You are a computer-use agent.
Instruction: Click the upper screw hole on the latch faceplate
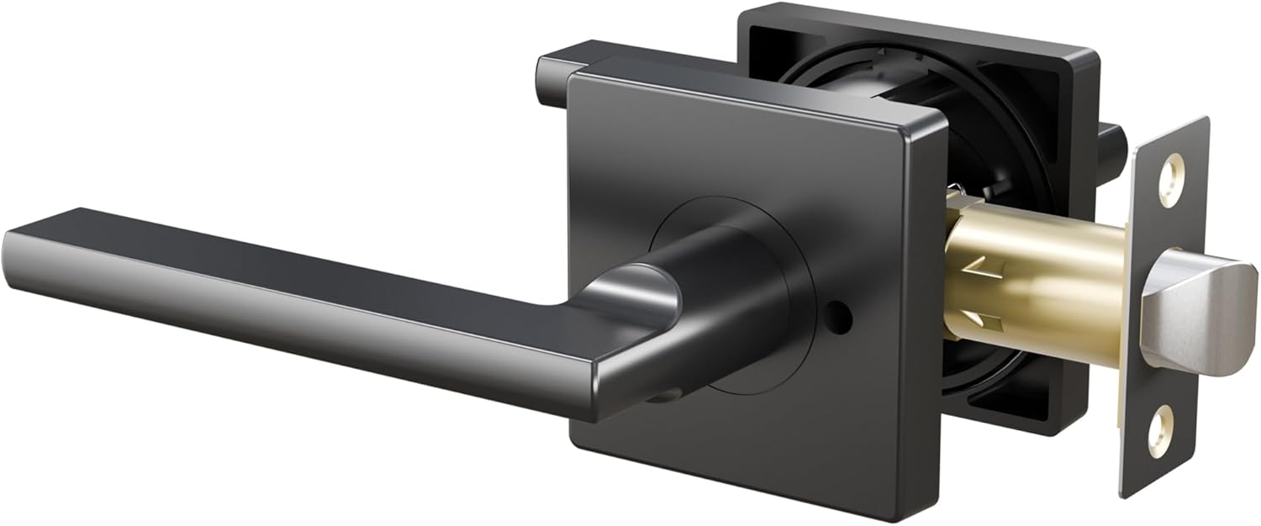[x=1170, y=179]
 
